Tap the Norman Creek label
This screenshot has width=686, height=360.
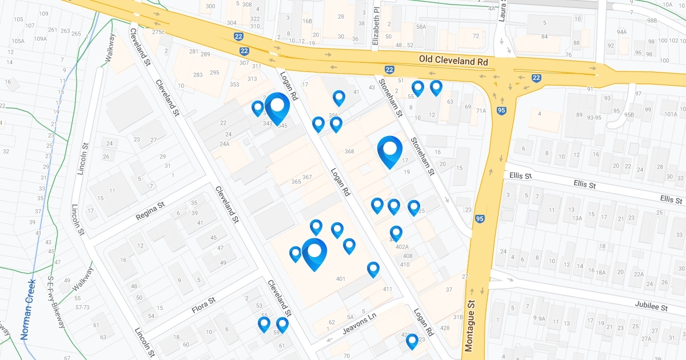coord(29,309)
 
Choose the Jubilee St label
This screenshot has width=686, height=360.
coord(651,306)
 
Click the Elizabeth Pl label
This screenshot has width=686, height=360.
coord(376,26)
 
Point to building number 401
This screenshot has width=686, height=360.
coord(341,279)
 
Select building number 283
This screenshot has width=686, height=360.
coord(198,75)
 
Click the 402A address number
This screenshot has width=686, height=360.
coord(402,247)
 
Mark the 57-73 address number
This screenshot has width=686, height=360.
coord(82,307)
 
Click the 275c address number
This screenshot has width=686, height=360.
coord(158,32)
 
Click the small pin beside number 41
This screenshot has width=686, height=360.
coord(339,98)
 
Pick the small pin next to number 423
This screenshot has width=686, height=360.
coord(412,341)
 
